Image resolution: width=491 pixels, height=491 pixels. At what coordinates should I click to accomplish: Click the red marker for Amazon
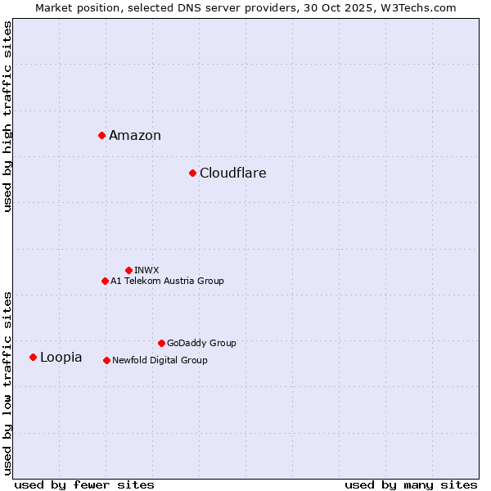click(101, 135)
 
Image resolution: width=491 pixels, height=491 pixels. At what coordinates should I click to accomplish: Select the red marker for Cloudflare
click(192, 173)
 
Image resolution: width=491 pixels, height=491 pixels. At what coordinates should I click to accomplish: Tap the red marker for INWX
click(128, 270)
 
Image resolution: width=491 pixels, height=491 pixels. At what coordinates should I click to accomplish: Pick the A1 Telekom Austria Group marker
click(105, 281)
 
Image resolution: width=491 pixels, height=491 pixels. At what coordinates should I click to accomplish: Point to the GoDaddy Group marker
click(161, 343)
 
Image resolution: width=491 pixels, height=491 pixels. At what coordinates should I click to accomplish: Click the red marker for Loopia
click(33, 357)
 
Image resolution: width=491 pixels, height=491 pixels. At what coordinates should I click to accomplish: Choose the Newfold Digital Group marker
click(106, 360)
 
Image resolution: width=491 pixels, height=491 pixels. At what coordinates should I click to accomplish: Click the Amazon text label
click(135, 136)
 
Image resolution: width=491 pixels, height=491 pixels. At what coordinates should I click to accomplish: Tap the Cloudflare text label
click(233, 173)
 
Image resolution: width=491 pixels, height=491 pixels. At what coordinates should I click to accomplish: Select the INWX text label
click(146, 270)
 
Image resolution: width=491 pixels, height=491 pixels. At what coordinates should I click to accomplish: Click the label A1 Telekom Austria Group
click(167, 282)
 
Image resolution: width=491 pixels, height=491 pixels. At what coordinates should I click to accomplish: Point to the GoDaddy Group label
click(201, 344)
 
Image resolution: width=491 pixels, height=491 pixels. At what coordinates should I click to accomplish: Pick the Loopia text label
click(61, 358)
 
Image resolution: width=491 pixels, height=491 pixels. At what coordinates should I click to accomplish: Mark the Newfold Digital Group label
click(160, 361)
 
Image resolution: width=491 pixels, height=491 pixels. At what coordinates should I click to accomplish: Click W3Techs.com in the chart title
click(416, 7)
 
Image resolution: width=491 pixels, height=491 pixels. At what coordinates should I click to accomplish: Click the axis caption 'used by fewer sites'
click(84, 484)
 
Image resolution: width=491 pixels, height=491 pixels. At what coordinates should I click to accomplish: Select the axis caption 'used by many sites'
click(411, 484)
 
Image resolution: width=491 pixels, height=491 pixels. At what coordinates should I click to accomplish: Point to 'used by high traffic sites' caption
click(8, 116)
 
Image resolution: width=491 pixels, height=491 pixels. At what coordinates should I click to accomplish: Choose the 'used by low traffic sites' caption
click(8, 383)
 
